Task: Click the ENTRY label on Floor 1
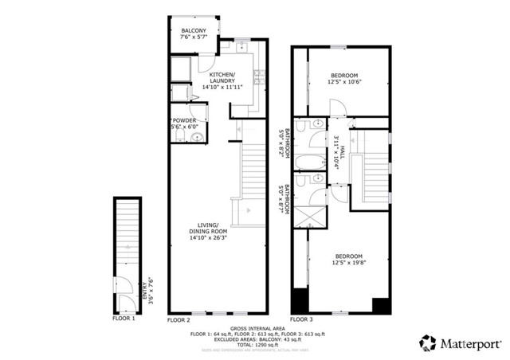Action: (x=144, y=286)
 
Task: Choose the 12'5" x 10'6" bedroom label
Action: (x=345, y=76)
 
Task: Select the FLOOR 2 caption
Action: (x=179, y=319)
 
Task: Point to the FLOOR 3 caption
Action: (x=304, y=319)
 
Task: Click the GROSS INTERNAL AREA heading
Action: (x=256, y=327)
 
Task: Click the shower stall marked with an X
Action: (x=306, y=216)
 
